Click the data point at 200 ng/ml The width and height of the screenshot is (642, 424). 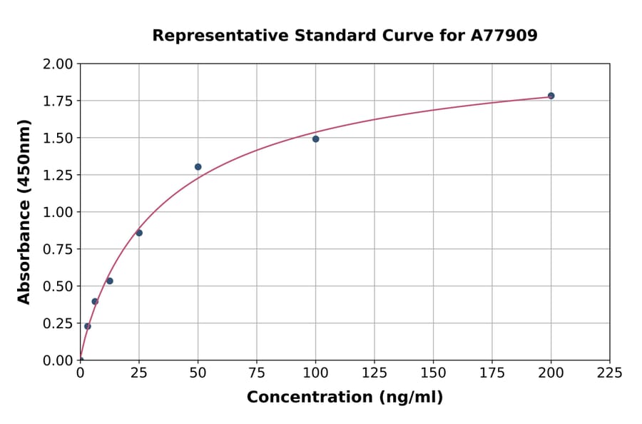coord(551,96)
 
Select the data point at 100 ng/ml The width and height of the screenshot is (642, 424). coord(315,138)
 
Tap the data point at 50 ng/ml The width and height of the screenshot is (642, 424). coord(198,167)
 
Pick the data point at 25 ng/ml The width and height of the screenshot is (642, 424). coord(139,233)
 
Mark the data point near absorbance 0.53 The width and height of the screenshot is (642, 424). coord(110,281)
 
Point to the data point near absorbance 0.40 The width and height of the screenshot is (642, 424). coord(95,301)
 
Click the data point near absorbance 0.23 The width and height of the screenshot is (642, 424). coord(88,326)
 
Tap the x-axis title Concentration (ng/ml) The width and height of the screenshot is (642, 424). coord(345,398)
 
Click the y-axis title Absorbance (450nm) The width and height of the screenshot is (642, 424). coord(24,212)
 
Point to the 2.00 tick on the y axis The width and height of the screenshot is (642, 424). coord(58,64)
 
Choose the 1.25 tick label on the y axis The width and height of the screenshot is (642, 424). coord(58,175)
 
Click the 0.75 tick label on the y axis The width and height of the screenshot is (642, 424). coord(58,249)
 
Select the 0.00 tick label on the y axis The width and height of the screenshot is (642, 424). coord(58,360)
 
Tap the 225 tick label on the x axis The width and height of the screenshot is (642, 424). coord(609,373)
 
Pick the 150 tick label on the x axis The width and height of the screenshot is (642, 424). coord(433,373)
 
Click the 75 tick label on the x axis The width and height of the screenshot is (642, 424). coord(257,373)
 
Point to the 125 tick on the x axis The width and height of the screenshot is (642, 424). coord(374,373)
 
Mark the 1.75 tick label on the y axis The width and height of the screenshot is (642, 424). coord(58,101)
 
